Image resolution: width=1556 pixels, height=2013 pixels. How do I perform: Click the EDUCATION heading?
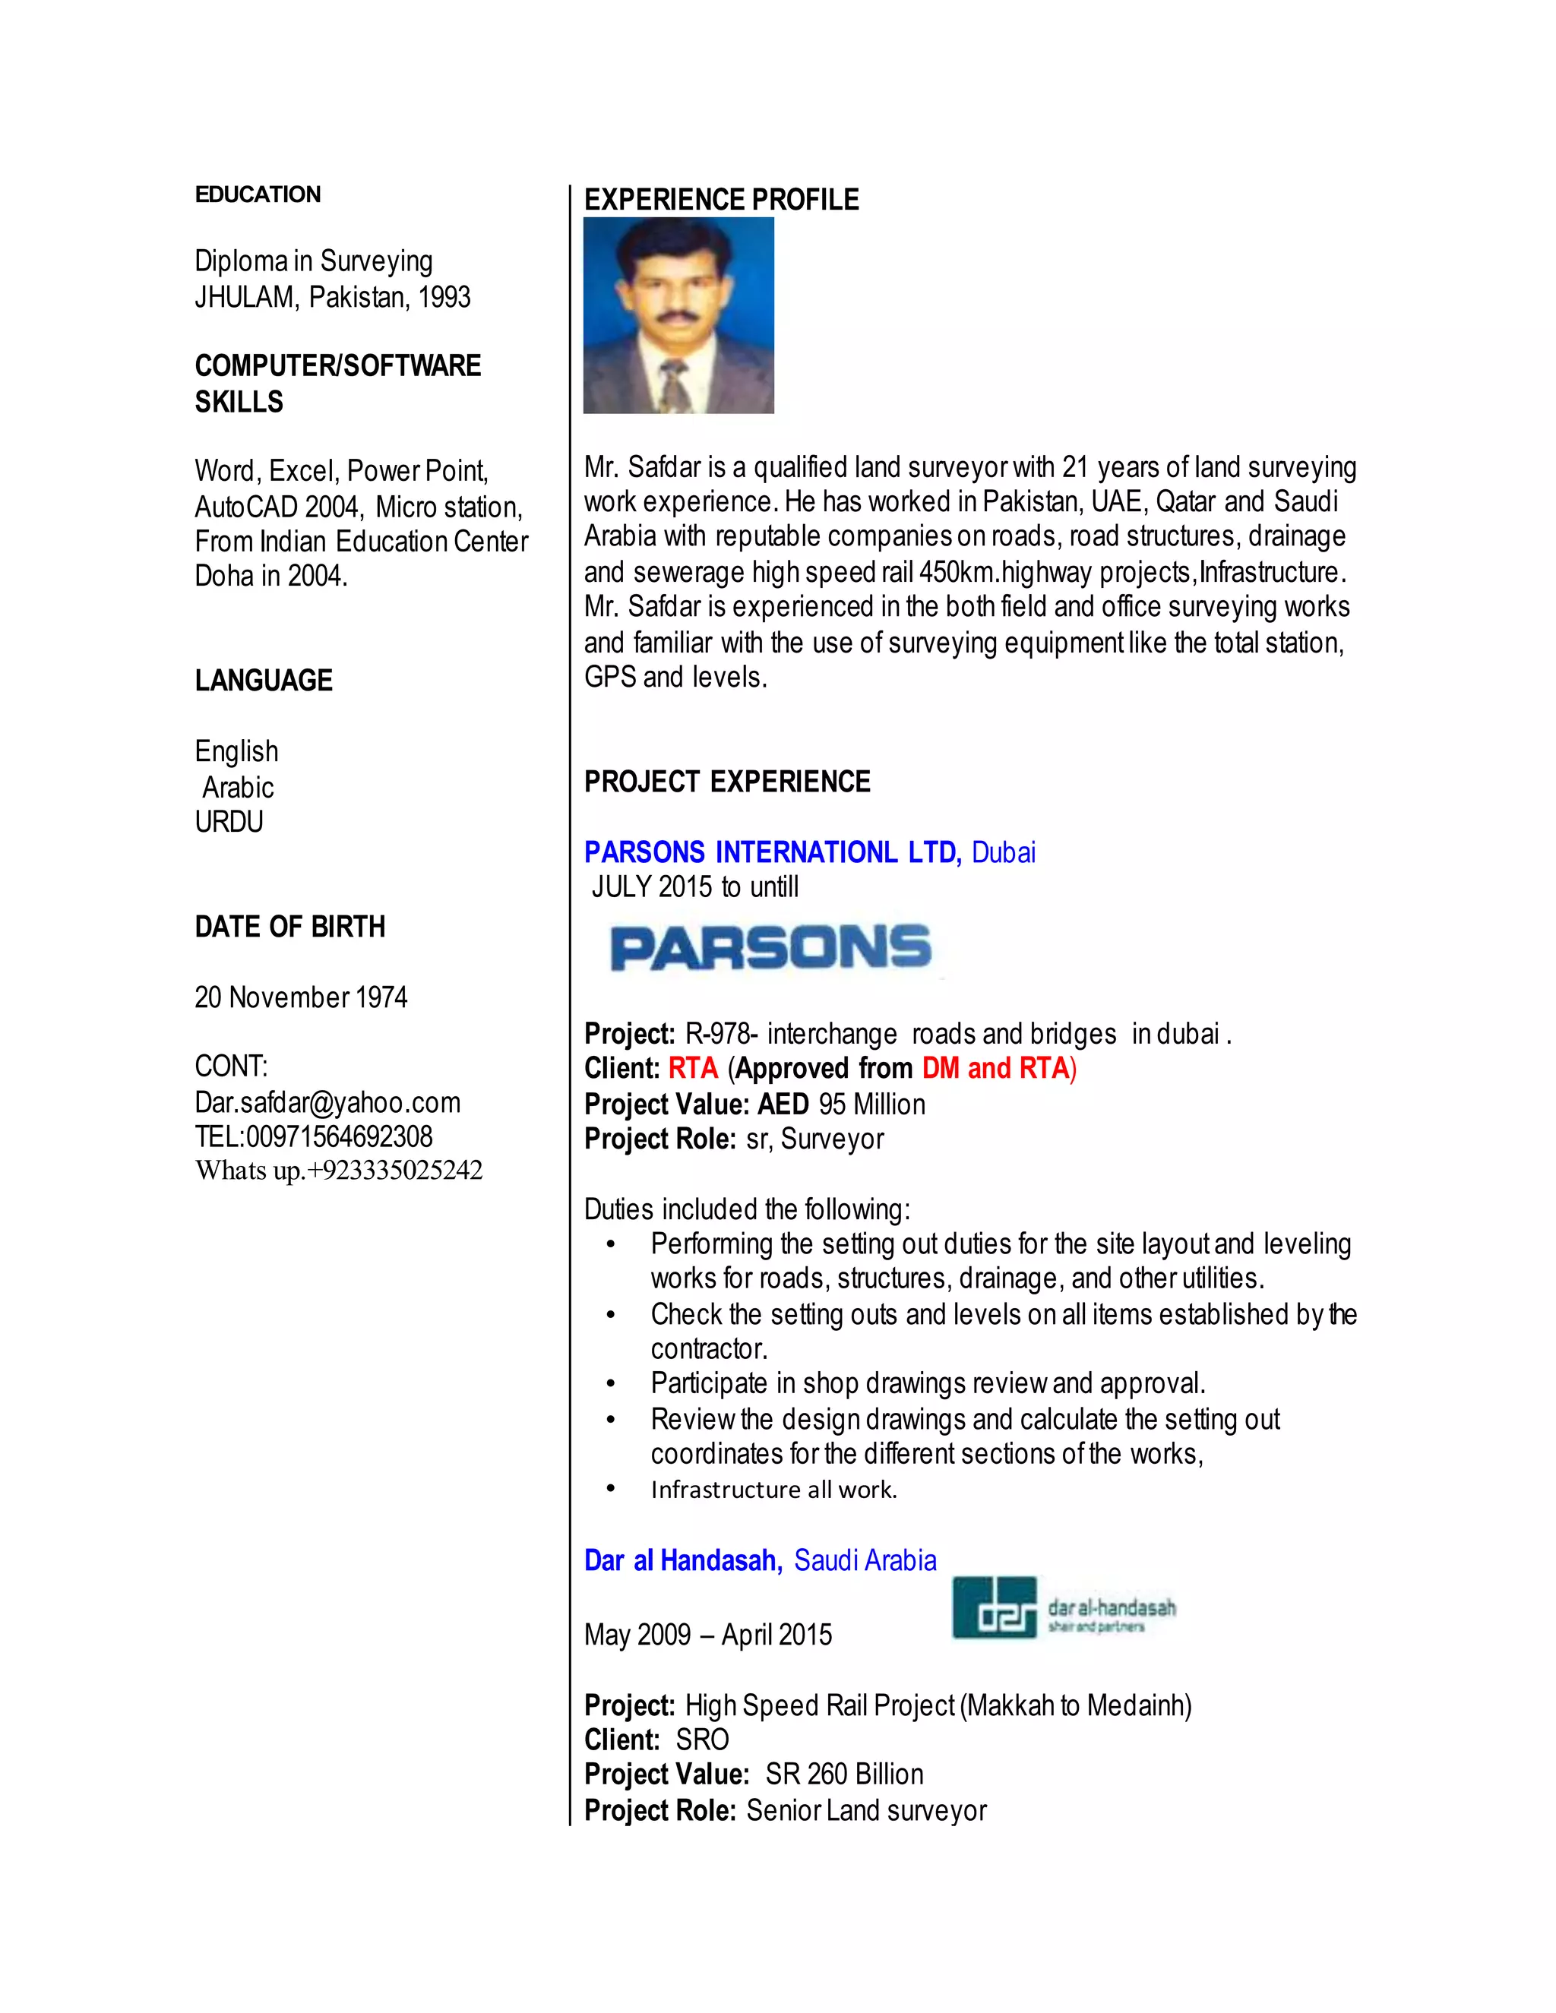(x=258, y=194)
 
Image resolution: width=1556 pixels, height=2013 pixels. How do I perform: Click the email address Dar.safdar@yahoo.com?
(x=327, y=1102)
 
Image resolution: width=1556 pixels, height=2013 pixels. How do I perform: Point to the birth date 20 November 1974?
(x=301, y=997)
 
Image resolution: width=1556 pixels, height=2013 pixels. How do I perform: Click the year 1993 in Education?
(x=444, y=297)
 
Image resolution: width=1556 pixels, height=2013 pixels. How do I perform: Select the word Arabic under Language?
(x=238, y=787)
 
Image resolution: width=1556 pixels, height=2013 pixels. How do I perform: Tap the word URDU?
(x=229, y=821)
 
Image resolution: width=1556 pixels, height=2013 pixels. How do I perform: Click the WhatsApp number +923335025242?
(x=394, y=1171)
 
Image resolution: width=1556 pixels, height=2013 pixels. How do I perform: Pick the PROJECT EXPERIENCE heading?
(x=727, y=782)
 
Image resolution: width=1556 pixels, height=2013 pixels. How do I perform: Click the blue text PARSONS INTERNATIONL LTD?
(x=773, y=852)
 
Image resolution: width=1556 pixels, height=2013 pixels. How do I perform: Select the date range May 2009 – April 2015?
(x=708, y=1635)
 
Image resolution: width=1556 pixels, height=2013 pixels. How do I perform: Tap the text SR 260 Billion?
(x=844, y=1774)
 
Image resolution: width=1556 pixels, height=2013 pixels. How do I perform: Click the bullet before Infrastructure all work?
(x=610, y=1490)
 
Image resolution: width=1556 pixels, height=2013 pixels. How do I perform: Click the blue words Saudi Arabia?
(x=865, y=1560)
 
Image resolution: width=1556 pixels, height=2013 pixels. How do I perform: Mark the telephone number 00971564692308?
(x=339, y=1136)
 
